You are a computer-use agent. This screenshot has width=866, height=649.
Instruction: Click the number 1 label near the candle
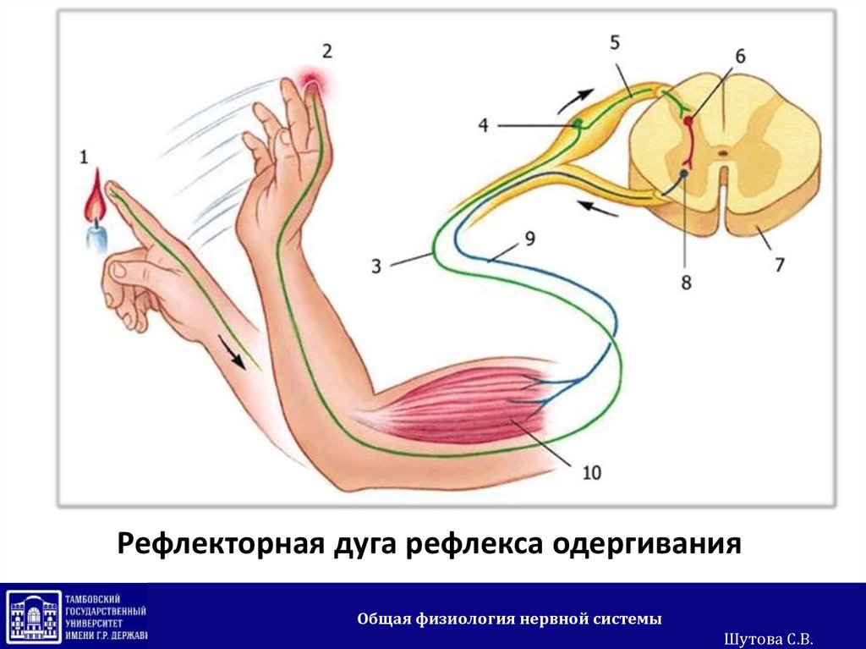point(83,156)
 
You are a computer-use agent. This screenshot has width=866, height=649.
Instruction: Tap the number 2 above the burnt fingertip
point(326,51)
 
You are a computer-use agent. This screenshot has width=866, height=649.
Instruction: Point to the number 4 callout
point(483,125)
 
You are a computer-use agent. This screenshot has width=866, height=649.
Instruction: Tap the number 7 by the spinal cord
point(778,264)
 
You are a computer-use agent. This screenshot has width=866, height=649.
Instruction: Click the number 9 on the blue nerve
point(529,239)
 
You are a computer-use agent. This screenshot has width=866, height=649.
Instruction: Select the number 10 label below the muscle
point(591,472)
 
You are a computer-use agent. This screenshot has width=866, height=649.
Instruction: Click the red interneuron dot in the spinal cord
point(688,121)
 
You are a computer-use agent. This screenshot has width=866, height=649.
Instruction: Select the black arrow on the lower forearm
point(238,351)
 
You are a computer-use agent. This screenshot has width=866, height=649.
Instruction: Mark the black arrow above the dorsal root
point(574,100)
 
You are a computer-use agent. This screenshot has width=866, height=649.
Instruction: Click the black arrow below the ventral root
point(595,207)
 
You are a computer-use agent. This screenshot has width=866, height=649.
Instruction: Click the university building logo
point(34,616)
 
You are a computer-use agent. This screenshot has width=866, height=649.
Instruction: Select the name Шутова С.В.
point(769,639)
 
